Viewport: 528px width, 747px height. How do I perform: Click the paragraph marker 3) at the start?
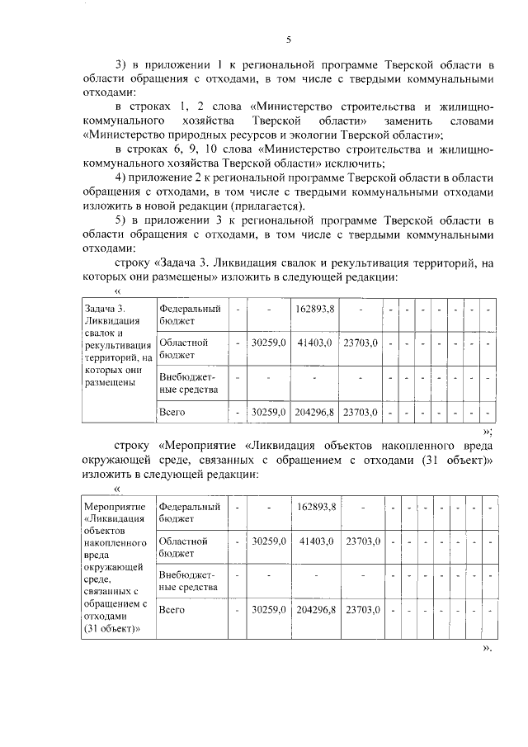(121, 64)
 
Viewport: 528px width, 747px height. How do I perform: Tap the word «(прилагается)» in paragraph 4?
(267, 206)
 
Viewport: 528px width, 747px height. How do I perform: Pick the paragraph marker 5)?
(121, 220)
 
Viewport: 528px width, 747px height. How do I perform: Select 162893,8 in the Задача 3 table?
(314, 310)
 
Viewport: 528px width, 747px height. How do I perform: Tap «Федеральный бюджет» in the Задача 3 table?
(190, 315)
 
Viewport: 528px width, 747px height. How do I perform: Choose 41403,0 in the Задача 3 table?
(314, 343)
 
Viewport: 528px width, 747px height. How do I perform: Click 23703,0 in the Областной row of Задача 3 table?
(360, 343)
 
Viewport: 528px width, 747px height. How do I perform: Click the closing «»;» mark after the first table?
(487, 430)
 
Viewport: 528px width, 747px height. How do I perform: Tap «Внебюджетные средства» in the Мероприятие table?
(187, 581)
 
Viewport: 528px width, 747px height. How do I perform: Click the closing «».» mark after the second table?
(487, 648)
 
